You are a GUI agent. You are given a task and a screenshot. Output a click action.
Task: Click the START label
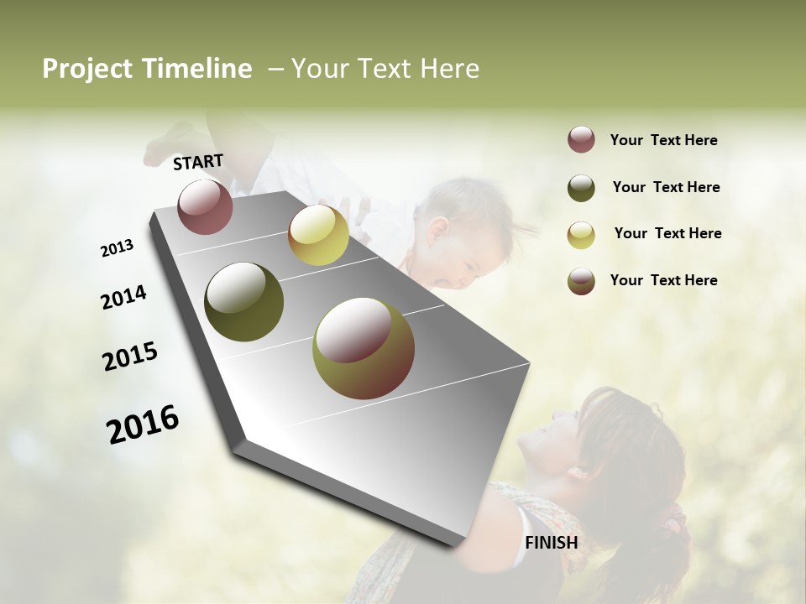pos(198,162)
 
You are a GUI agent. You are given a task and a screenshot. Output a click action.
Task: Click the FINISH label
pos(551,543)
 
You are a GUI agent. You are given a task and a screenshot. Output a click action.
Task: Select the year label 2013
pos(117,248)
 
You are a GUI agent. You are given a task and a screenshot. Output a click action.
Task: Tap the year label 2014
pos(123,298)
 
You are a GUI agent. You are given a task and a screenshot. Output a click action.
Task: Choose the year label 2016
pos(143,424)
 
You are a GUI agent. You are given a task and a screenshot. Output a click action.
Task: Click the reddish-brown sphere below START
pos(205,206)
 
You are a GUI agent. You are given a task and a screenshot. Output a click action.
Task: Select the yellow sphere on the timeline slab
pos(318,235)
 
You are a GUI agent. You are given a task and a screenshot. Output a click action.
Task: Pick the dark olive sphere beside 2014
pos(244,302)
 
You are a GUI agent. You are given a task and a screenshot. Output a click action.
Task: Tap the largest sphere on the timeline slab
pos(364,348)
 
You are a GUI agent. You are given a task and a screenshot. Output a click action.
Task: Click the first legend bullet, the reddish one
pos(581,140)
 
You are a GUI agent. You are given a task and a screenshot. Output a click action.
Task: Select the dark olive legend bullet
pos(581,188)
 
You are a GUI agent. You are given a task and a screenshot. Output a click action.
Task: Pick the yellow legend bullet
pos(581,235)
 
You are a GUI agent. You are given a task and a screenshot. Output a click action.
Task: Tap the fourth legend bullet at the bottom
pos(581,281)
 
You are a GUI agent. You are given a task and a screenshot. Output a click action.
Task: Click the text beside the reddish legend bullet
pos(663,140)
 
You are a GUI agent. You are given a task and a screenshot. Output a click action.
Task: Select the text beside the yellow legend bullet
pos(667,233)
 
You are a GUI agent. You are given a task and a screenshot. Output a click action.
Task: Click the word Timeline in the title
pos(196,69)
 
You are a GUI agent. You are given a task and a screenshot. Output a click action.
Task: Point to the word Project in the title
pos(87,69)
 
